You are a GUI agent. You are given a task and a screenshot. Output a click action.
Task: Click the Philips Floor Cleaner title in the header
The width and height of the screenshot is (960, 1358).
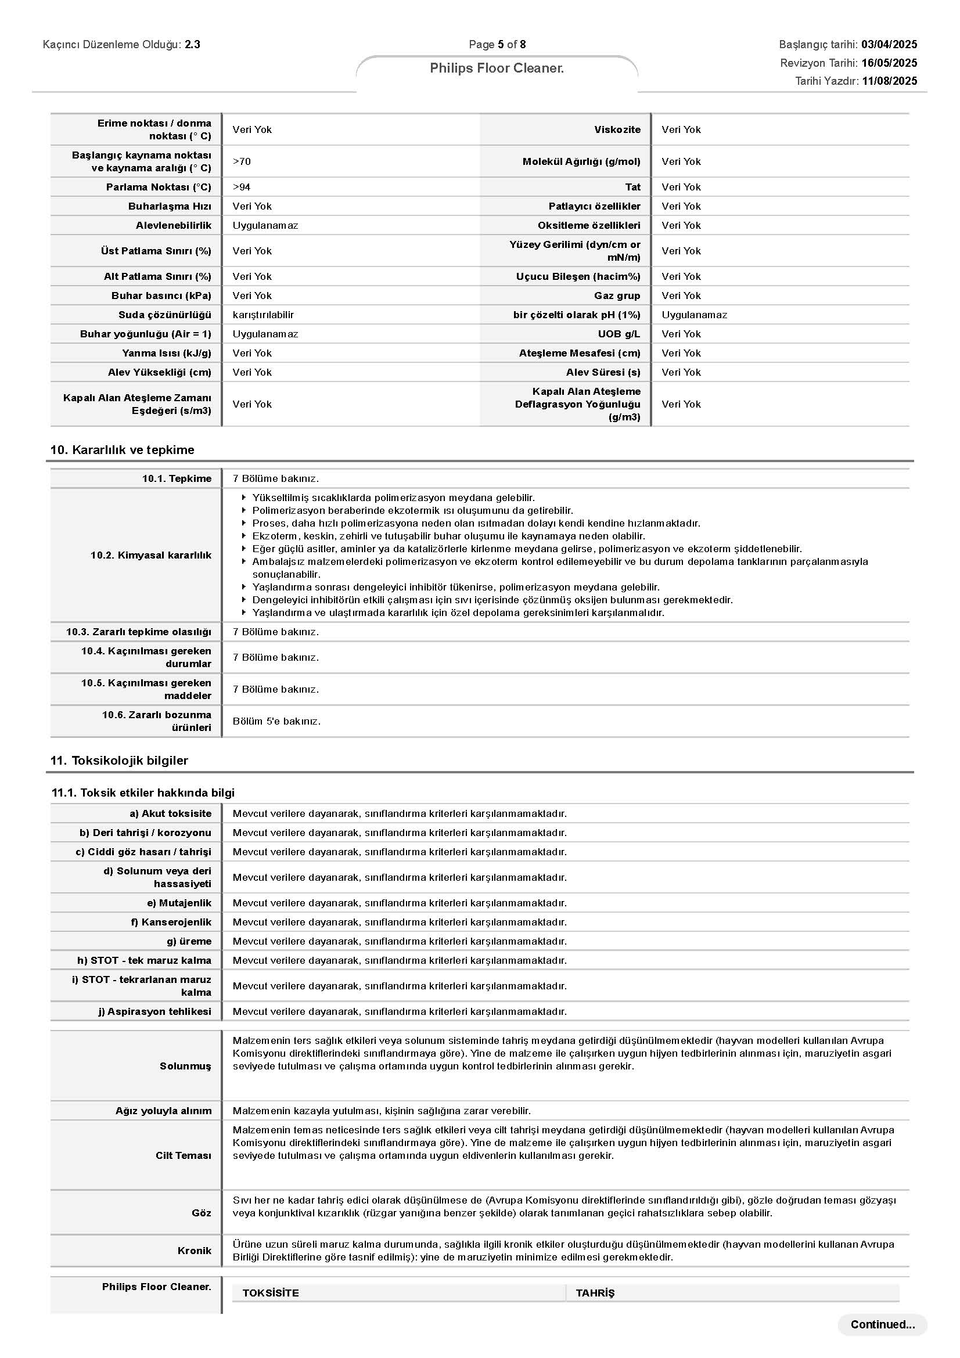497,68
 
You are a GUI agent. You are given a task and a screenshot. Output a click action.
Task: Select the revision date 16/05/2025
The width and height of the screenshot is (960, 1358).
889,63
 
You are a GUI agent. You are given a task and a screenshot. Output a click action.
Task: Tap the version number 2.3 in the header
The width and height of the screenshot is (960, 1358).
192,44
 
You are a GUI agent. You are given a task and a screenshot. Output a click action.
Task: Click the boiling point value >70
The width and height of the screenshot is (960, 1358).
242,161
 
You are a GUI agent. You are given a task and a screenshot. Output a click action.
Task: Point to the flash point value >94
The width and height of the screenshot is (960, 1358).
242,187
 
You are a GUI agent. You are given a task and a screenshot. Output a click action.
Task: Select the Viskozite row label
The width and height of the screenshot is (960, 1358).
617,129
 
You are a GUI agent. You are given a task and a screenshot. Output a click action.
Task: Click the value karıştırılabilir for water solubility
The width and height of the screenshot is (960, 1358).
263,315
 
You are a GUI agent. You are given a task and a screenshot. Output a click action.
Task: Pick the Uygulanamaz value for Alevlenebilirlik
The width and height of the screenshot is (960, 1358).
265,225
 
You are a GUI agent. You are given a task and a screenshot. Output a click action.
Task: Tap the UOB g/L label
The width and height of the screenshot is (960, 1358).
619,334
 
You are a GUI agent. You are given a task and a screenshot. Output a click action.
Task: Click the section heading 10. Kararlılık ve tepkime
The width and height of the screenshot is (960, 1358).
122,449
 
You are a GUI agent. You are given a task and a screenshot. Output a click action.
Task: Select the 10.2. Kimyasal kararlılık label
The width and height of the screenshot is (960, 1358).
150,555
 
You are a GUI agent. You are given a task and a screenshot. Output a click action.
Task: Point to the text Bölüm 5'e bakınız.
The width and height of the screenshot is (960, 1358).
276,721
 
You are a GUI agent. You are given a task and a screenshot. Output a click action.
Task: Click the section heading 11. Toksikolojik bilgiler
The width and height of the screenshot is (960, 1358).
119,760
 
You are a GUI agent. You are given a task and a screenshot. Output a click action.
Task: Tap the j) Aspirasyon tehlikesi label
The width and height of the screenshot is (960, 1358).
154,1011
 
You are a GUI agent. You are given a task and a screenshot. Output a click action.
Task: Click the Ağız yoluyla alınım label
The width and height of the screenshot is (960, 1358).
163,1111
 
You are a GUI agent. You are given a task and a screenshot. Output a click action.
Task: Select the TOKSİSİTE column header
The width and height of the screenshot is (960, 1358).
270,1293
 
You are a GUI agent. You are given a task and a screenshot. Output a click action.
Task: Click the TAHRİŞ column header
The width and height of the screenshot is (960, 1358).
595,1293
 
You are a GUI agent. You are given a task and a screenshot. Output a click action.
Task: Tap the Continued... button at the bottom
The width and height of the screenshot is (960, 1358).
882,1324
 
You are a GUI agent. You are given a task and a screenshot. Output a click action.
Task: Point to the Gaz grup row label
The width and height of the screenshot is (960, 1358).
617,295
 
